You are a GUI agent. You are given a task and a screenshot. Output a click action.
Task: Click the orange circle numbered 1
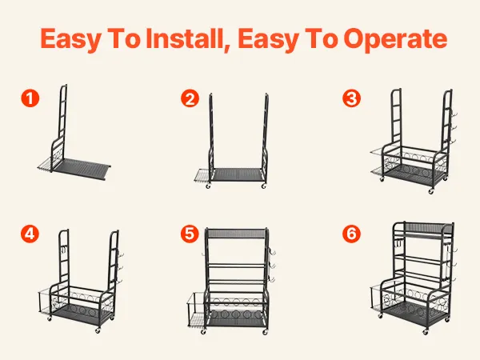tap(30, 98)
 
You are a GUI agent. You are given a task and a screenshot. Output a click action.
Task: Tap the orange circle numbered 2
tap(190, 98)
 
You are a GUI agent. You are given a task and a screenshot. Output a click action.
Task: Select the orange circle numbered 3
tap(351, 98)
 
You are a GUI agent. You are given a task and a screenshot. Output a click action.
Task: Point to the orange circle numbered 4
tap(30, 234)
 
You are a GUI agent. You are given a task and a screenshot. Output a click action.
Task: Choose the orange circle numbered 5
tap(190, 234)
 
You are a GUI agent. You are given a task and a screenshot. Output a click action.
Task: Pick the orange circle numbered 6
tap(351, 234)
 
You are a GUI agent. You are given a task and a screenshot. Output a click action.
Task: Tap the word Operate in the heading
tap(396, 39)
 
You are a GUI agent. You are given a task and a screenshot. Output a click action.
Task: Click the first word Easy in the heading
tap(70, 39)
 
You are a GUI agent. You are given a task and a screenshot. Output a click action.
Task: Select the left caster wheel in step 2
tap(208, 186)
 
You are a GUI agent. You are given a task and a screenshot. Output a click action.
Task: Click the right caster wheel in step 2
tap(264, 186)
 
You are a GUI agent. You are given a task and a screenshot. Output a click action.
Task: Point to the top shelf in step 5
tap(237, 234)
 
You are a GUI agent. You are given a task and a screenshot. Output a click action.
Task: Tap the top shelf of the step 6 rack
tap(423, 229)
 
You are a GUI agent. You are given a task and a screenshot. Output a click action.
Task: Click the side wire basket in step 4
tap(45, 302)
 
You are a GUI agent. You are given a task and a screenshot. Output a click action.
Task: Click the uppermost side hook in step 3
tap(454, 114)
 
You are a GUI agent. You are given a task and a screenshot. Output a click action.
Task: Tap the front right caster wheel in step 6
tap(426, 332)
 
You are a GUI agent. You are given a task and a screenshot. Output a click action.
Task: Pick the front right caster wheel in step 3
tap(431, 191)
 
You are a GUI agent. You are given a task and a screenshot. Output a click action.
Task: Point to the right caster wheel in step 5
tap(265, 331)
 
